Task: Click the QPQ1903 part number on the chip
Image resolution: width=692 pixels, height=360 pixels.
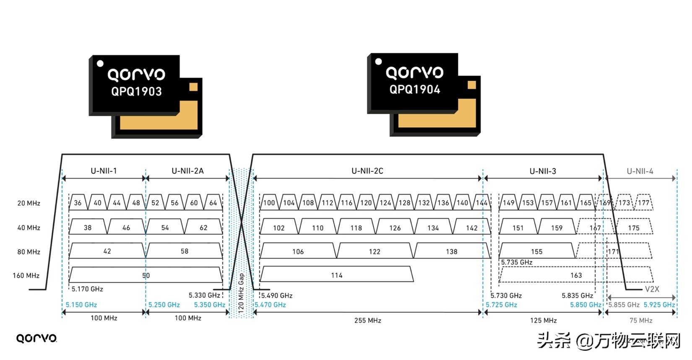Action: (136, 91)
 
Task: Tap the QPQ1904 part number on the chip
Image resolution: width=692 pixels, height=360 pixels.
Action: (415, 89)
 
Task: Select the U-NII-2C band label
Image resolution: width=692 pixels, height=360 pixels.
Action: (367, 171)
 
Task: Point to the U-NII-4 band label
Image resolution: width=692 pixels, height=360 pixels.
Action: (640, 171)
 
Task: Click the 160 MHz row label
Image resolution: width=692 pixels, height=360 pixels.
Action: (26, 275)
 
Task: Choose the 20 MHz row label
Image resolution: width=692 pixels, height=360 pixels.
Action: (29, 203)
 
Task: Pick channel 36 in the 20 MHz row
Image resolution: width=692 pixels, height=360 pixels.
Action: (78, 203)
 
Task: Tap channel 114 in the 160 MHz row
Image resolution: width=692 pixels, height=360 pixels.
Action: (337, 275)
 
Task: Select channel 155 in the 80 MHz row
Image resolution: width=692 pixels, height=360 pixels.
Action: (537, 251)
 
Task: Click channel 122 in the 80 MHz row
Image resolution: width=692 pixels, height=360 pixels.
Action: (375, 251)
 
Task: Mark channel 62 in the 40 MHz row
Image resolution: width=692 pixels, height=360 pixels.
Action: (203, 228)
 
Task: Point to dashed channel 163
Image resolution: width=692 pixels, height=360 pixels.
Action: (576, 275)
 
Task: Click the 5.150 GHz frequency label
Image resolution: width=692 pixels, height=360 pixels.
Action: (81, 305)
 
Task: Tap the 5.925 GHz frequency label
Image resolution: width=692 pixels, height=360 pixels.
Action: (659, 305)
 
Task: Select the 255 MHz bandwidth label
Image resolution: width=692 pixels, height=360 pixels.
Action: (368, 321)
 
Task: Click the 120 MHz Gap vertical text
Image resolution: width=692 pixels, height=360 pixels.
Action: (241, 293)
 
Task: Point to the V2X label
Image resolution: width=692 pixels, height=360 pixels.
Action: (652, 289)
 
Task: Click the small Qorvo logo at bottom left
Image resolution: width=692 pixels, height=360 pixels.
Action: (36, 338)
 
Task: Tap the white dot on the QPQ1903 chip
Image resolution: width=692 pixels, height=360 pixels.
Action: (100, 64)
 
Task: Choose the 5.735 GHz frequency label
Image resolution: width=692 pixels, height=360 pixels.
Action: (517, 262)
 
